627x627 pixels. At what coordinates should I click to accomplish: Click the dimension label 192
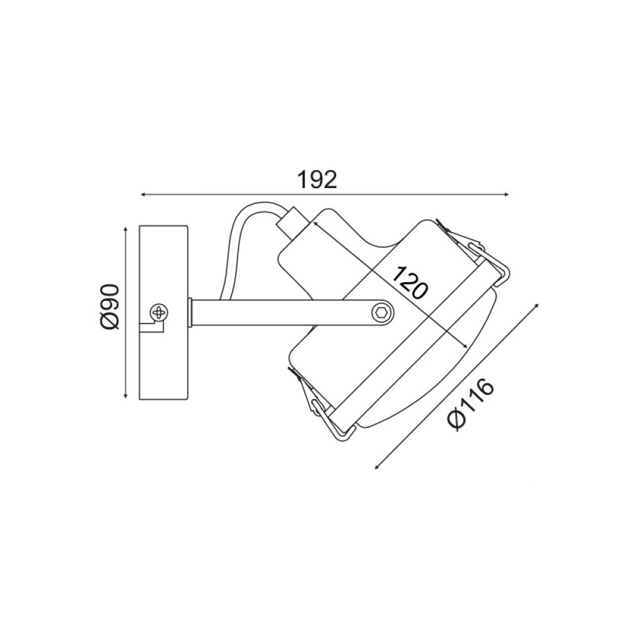317,179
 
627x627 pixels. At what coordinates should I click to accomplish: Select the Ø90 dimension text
110,307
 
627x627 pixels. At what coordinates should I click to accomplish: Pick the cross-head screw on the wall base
159,312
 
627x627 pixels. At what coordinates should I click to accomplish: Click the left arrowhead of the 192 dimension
143,195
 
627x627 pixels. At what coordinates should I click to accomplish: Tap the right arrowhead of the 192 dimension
506,195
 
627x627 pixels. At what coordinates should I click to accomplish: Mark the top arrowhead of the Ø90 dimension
126,230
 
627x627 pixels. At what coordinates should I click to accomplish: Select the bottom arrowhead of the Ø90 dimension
126,395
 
